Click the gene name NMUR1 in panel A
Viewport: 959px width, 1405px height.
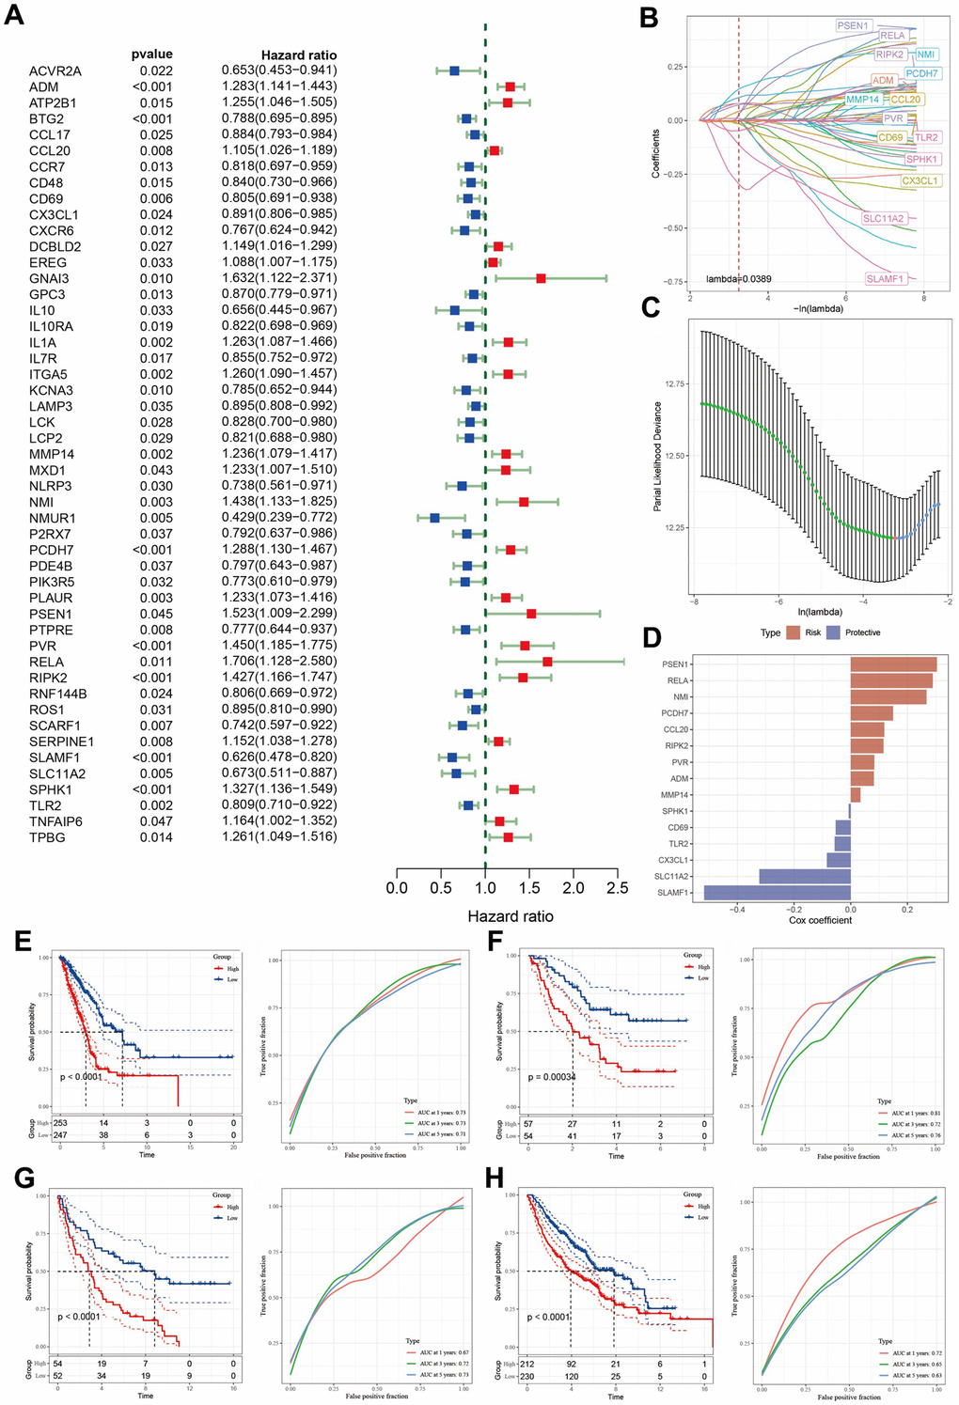pyautogui.click(x=53, y=518)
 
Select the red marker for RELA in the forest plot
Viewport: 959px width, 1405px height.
pyautogui.click(x=547, y=662)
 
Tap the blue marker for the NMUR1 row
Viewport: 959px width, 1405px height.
pyautogui.click(x=434, y=518)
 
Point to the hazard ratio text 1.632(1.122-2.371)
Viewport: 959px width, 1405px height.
pyautogui.click(x=279, y=278)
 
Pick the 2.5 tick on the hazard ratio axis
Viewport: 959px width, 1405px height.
pyautogui.click(x=618, y=888)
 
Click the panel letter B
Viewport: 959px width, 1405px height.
pyautogui.click(x=649, y=19)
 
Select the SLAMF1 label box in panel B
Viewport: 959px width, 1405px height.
pyautogui.click(x=885, y=279)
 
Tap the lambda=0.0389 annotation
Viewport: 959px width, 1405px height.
pyautogui.click(x=739, y=279)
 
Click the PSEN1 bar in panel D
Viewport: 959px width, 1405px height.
pyautogui.click(x=893, y=664)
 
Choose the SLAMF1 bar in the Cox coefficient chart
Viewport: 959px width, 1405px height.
pyautogui.click(x=777, y=893)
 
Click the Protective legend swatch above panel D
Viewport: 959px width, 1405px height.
pyautogui.click(x=833, y=632)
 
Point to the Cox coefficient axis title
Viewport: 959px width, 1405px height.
pyautogui.click(x=820, y=920)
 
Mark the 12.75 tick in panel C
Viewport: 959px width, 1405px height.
pyautogui.click(x=675, y=383)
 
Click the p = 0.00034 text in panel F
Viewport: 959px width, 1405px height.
pyautogui.click(x=552, y=1077)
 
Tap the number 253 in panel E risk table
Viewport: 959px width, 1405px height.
pyautogui.click(x=60, y=1123)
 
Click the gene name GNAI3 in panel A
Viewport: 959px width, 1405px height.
pyautogui.click(x=49, y=278)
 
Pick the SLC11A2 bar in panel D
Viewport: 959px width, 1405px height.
pyautogui.click(x=805, y=877)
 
